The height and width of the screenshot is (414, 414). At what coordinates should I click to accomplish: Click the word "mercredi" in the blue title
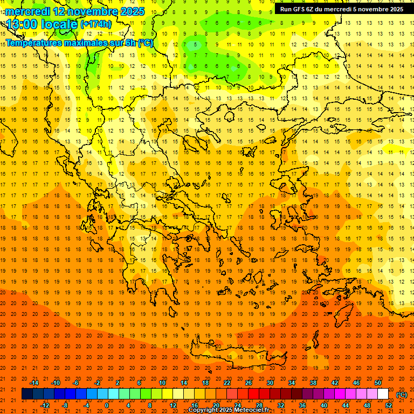click(27, 11)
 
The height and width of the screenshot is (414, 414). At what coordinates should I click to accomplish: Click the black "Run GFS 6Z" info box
click(342, 9)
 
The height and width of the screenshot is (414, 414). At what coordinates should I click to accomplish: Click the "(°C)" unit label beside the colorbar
click(402, 395)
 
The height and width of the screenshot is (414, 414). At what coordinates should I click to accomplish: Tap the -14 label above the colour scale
click(34, 383)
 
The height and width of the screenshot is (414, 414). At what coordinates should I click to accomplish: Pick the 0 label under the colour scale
click(107, 405)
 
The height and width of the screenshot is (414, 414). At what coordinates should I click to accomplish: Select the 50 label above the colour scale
click(378, 383)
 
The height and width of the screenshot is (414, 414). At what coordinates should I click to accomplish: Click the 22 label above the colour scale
click(227, 383)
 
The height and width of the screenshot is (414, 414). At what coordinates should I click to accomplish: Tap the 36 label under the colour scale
click(302, 405)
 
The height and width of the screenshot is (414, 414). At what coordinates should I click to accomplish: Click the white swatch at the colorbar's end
click(383, 394)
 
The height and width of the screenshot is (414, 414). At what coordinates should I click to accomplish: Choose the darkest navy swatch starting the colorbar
click(27, 394)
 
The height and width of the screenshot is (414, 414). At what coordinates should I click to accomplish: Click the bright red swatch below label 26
click(253, 394)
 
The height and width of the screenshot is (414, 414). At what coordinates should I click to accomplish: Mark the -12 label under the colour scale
click(45, 405)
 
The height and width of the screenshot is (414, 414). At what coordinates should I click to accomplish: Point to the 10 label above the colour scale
click(162, 383)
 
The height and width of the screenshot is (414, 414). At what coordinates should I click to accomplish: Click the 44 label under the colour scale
click(346, 405)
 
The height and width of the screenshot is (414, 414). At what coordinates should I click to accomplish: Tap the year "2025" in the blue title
click(132, 11)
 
